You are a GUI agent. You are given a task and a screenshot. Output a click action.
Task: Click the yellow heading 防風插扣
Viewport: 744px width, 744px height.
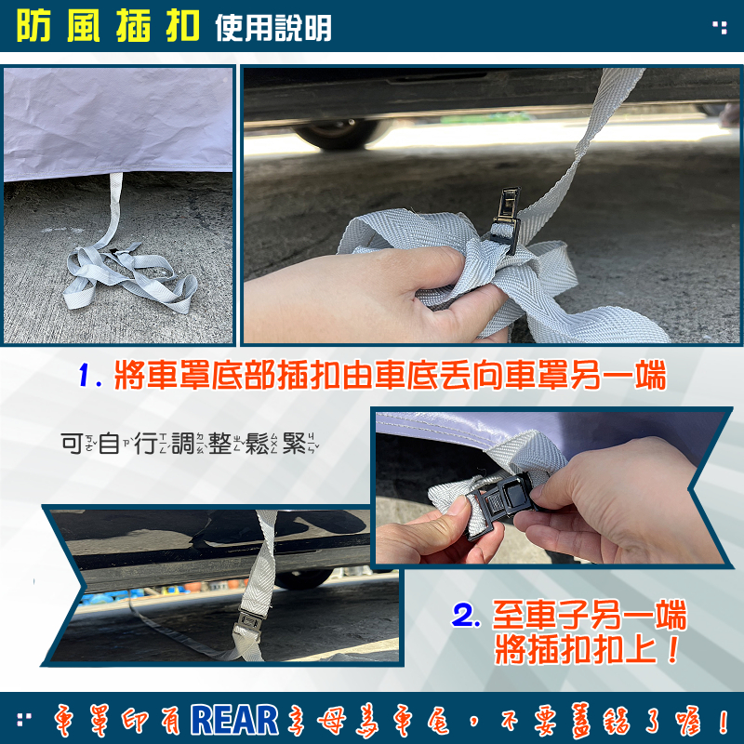(x=108, y=26)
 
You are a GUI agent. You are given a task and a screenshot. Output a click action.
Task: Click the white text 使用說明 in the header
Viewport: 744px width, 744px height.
(x=273, y=28)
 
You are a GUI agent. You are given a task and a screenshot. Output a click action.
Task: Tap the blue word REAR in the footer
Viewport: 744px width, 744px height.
(x=235, y=720)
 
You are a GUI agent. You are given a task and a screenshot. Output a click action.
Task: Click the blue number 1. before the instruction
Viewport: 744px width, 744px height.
(x=90, y=375)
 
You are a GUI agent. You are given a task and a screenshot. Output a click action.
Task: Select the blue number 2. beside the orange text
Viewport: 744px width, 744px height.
(x=467, y=616)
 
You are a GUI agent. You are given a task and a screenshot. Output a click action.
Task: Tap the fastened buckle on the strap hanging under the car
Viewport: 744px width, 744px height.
(x=249, y=621)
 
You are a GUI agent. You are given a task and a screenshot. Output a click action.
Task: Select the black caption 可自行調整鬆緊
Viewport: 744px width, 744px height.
(x=190, y=444)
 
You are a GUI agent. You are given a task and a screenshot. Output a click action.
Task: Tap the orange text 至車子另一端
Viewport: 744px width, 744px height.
(x=590, y=615)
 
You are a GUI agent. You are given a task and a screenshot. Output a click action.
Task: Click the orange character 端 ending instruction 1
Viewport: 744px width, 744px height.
(x=650, y=375)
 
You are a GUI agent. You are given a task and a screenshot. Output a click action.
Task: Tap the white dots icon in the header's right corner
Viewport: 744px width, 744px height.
(x=720, y=27)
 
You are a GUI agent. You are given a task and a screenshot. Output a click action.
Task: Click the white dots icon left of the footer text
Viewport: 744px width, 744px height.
(x=24, y=719)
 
